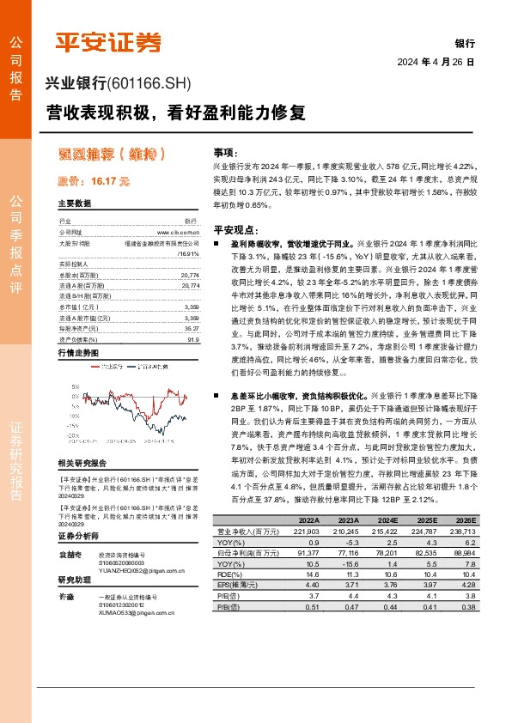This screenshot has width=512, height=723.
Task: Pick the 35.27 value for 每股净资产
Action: [192, 304]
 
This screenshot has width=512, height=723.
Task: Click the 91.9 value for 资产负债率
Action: [193, 315]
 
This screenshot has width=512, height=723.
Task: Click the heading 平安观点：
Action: [235, 229]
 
